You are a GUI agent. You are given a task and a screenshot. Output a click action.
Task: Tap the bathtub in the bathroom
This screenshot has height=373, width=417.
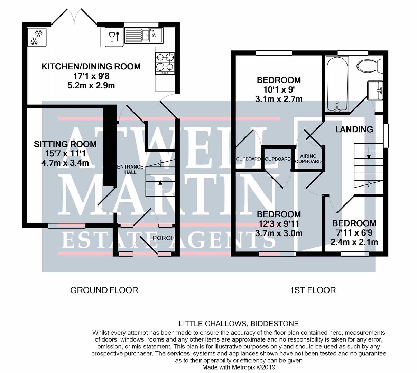click(x=337, y=84)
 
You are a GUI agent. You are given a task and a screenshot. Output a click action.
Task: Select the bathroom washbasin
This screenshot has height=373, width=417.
click(x=375, y=90)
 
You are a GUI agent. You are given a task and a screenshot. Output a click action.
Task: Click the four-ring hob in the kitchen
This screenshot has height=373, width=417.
click(x=165, y=63)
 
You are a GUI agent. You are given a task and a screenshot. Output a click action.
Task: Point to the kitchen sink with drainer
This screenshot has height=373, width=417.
click(x=143, y=35)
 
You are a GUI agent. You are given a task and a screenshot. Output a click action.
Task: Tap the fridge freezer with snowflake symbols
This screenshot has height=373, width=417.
click(x=37, y=37)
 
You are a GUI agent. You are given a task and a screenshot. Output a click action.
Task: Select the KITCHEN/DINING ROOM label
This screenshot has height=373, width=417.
click(x=91, y=67)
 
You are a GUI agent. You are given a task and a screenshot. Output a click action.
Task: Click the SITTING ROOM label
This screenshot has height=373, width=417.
click(x=65, y=144)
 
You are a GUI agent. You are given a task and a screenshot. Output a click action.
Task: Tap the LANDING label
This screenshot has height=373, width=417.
click(x=354, y=129)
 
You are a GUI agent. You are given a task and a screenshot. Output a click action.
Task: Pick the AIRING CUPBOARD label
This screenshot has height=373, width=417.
click(x=308, y=159)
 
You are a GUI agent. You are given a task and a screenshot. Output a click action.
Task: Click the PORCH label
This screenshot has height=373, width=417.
click(x=164, y=238)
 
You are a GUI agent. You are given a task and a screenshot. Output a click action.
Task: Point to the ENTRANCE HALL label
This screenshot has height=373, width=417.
click(x=130, y=169)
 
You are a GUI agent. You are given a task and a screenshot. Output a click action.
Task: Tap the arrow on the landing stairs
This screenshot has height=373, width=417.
click(x=369, y=153)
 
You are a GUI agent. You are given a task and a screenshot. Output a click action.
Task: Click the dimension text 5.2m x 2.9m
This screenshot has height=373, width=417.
click(x=91, y=85)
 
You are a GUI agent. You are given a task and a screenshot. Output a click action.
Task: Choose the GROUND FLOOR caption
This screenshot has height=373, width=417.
click(x=104, y=290)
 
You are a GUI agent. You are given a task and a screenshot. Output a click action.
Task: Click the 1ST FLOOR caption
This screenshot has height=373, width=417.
click(x=313, y=290)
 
